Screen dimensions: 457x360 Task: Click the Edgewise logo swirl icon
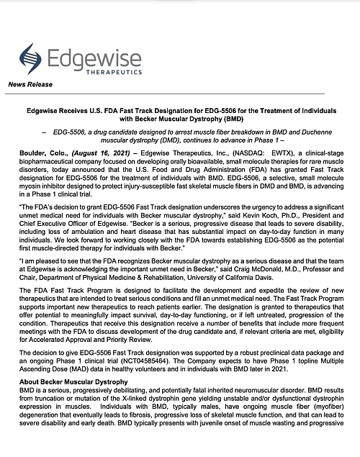(x=30, y=58)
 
